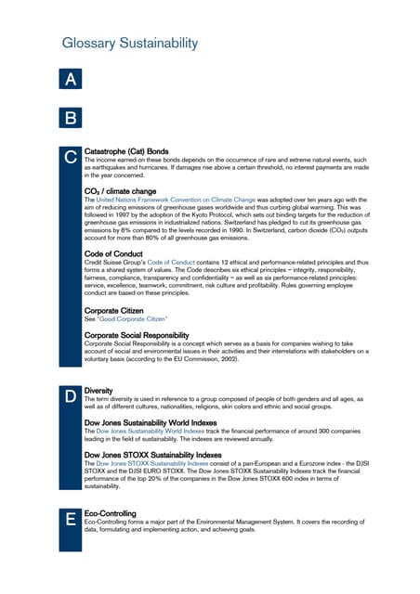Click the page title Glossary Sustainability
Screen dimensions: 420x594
point(129,44)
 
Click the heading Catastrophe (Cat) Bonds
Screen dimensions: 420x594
point(126,150)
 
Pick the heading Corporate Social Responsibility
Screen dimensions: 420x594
point(137,334)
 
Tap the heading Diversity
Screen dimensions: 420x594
point(99,391)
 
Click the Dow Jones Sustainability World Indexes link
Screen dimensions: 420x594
point(155,432)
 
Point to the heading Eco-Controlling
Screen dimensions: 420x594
point(110,512)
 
